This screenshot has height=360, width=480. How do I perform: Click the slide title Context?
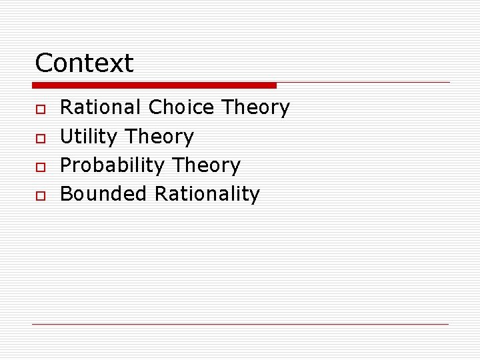(x=84, y=63)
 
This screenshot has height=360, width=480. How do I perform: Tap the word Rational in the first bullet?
(x=101, y=107)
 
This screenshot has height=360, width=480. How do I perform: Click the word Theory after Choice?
(x=255, y=108)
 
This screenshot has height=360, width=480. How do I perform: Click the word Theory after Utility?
(x=159, y=137)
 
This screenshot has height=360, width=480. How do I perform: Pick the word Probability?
(x=113, y=165)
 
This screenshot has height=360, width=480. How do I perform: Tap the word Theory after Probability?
(x=206, y=166)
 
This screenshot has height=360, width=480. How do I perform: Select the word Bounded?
(x=103, y=194)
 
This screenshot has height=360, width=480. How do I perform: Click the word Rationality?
(x=207, y=195)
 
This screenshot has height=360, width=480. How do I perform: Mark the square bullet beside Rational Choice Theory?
(x=40, y=108)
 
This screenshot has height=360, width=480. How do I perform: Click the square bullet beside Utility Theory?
(x=40, y=137)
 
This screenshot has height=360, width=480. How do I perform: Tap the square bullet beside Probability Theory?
(x=40, y=166)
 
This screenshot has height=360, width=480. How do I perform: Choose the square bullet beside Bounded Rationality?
(x=40, y=195)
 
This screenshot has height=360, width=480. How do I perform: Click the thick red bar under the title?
(x=154, y=85)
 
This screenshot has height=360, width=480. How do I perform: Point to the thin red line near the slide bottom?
(x=240, y=324)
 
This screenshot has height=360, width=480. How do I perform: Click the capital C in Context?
(x=43, y=63)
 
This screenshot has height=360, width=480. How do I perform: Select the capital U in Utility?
(x=67, y=137)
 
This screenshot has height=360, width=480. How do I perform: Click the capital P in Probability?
(x=66, y=165)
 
